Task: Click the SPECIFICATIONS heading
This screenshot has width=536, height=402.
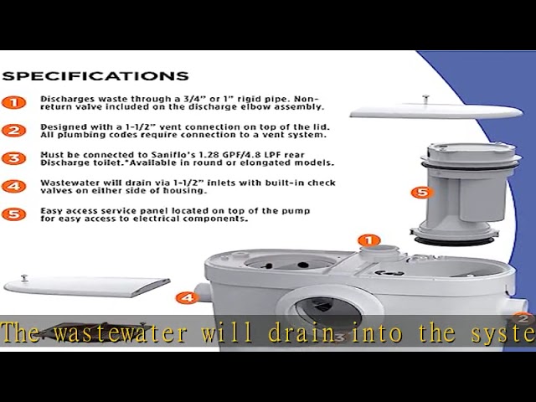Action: click(x=95, y=76)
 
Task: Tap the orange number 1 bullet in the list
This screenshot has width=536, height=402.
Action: click(x=13, y=102)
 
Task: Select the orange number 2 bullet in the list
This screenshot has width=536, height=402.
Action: click(x=13, y=131)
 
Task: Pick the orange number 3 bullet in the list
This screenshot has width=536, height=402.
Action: click(x=13, y=158)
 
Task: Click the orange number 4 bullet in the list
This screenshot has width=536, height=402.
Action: click(x=13, y=186)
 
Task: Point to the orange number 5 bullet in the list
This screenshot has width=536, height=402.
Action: click(x=13, y=214)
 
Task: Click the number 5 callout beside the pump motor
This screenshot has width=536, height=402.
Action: click(x=422, y=193)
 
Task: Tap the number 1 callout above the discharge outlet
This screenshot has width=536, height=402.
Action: click(x=369, y=240)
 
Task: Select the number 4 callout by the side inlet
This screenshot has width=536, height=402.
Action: click(x=187, y=298)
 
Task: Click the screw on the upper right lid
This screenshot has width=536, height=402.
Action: click(x=425, y=99)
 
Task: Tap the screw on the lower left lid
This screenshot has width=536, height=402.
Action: click(x=24, y=277)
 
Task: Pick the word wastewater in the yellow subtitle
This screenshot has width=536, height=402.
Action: click(x=121, y=332)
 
